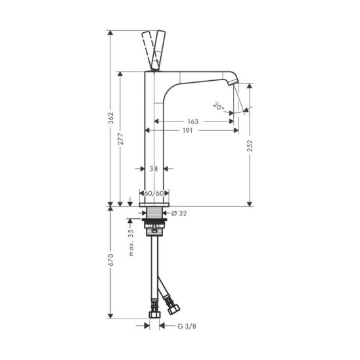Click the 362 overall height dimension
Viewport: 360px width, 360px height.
tap(111, 118)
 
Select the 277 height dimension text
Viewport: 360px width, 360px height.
tap(120, 139)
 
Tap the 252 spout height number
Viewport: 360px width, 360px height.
tap(250, 146)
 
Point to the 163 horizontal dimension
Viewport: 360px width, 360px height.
tap(193, 122)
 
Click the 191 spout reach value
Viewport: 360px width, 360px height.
tap(188, 131)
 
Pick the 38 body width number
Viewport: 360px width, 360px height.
tap(154, 169)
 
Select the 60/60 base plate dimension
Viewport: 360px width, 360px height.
tap(154, 193)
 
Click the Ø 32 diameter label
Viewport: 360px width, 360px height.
tap(179, 214)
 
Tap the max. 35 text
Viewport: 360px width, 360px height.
tap(131, 242)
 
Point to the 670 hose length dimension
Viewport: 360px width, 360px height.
tap(111, 260)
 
